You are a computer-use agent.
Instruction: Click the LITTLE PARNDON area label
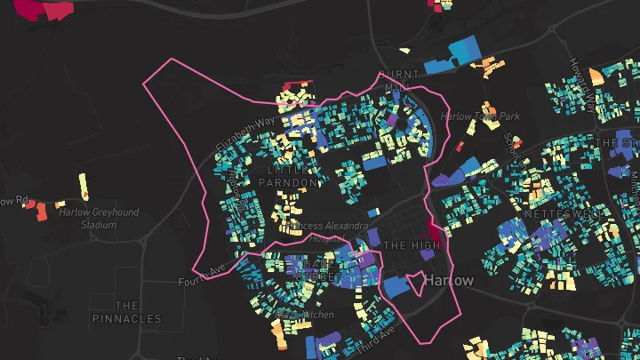[x=287, y=176]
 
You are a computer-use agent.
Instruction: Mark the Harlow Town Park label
[x=480, y=116]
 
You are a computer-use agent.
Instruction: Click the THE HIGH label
[x=412, y=245]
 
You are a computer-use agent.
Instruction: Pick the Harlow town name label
[x=450, y=280]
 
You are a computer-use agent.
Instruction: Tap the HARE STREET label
[x=317, y=270]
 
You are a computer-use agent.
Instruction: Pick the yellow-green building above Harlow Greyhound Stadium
[x=84, y=186]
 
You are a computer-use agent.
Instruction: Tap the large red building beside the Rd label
[x=42, y=212]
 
